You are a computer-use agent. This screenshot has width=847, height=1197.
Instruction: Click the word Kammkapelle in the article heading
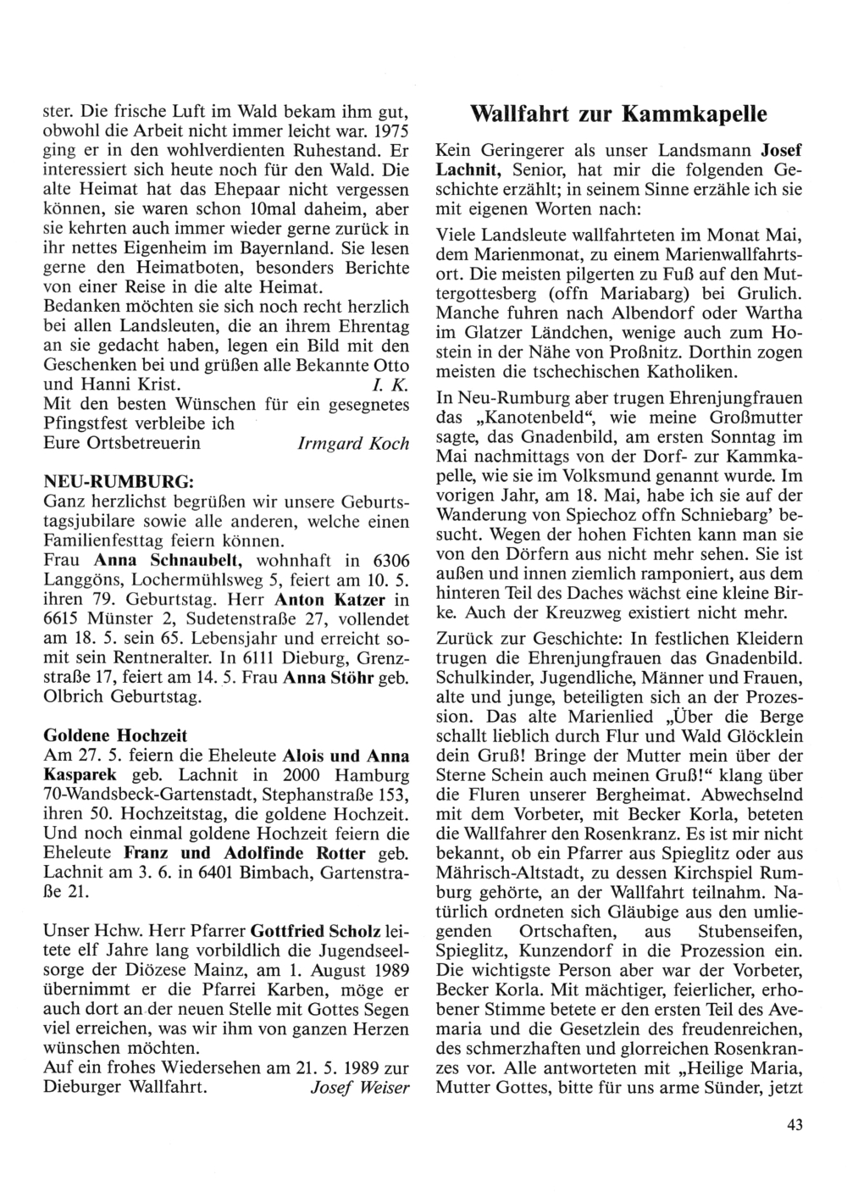pos(695,114)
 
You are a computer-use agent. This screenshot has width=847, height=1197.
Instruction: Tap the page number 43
pos(794,1125)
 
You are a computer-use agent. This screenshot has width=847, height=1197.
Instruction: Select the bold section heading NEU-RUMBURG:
pos(119,481)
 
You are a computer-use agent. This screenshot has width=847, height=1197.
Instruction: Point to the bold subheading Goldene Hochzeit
pos(115,734)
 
